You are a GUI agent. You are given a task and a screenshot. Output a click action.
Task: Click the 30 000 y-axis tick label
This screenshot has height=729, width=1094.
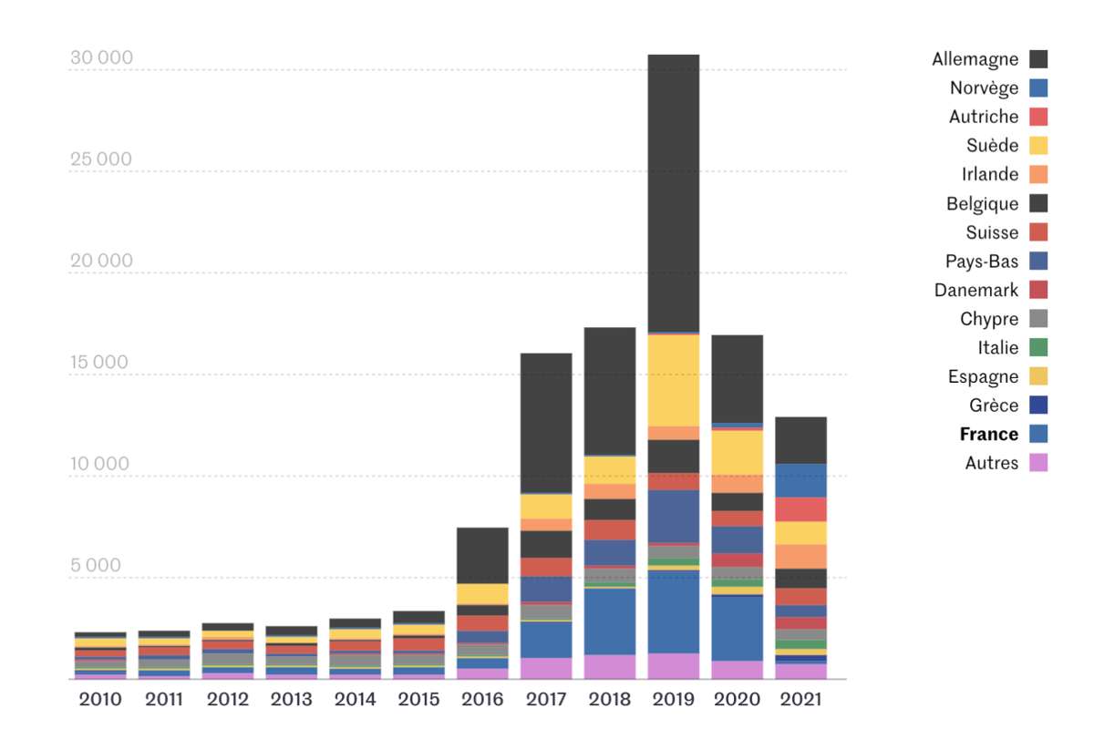pyautogui.click(x=101, y=58)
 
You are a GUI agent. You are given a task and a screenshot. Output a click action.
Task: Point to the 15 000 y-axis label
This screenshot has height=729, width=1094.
pyautogui.click(x=101, y=362)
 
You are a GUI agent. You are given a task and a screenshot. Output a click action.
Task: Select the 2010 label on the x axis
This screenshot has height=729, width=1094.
pyautogui.click(x=100, y=700)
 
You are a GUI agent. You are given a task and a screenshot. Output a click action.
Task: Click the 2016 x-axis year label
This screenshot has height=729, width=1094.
pyautogui.click(x=482, y=700)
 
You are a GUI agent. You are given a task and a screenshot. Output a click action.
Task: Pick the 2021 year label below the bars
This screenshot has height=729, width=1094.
pyautogui.click(x=800, y=700)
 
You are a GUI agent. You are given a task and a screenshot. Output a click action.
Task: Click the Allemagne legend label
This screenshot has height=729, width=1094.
pyautogui.click(x=975, y=59)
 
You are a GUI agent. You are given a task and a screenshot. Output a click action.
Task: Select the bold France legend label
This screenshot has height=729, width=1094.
pyautogui.click(x=988, y=435)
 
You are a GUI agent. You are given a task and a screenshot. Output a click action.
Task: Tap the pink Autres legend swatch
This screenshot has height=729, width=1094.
pyautogui.click(x=1038, y=463)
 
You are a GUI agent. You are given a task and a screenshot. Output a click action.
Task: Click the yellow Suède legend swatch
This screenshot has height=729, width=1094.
pyautogui.click(x=1038, y=146)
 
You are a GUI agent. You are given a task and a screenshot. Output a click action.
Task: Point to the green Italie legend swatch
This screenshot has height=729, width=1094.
pyautogui.click(x=1038, y=347)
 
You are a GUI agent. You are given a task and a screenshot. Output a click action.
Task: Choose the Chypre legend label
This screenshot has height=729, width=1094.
pyautogui.click(x=989, y=319)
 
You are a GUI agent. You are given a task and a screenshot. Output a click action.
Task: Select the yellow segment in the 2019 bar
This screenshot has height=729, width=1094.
pyautogui.click(x=674, y=379)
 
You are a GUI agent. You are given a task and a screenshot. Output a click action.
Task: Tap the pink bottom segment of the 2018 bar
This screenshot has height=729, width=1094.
pyautogui.click(x=610, y=666)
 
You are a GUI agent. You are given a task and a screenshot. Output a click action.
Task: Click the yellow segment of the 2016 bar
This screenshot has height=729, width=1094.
pyautogui.click(x=482, y=594)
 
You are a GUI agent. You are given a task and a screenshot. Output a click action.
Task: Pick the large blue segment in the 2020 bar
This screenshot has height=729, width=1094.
pyautogui.click(x=737, y=628)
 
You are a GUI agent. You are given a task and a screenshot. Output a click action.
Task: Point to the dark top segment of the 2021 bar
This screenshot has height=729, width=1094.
pyautogui.click(x=800, y=440)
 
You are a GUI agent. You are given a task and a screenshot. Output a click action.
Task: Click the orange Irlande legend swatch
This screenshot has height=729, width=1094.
pyautogui.click(x=1038, y=174)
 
